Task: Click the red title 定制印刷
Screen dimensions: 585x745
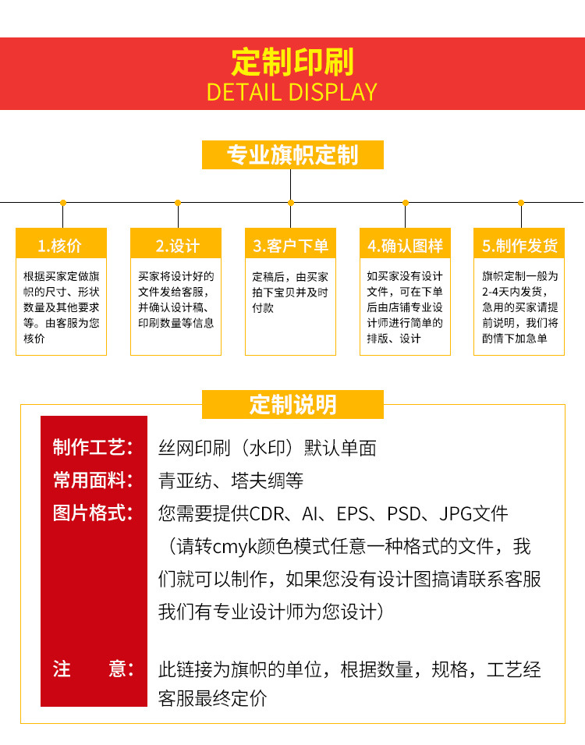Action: (292, 62)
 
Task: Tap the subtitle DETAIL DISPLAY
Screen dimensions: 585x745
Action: (292, 92)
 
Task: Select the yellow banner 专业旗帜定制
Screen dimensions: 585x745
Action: (292, 155)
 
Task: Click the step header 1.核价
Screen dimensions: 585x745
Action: (62, 245)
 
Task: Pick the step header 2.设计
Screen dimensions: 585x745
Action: (176, 245)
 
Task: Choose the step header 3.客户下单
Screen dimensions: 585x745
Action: (291, 245)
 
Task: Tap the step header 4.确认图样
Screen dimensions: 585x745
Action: (406, 245)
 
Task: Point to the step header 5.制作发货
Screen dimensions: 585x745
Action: (519, 245)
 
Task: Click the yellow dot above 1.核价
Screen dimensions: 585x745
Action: (62, 202)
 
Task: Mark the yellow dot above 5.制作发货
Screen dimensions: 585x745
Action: (520, 202)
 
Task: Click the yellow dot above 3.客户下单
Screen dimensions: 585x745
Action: (291, 202)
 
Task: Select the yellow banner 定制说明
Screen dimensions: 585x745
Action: (292, 405)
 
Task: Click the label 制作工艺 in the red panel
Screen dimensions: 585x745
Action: (93, 448)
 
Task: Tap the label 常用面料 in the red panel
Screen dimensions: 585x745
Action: (93, 481)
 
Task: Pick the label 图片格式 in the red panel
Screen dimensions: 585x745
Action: (93, 513)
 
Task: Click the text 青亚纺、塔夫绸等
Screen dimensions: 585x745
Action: (231, 481)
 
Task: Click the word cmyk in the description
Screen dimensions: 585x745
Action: (248, 547)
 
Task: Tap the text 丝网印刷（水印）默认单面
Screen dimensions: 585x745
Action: (268, 448)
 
